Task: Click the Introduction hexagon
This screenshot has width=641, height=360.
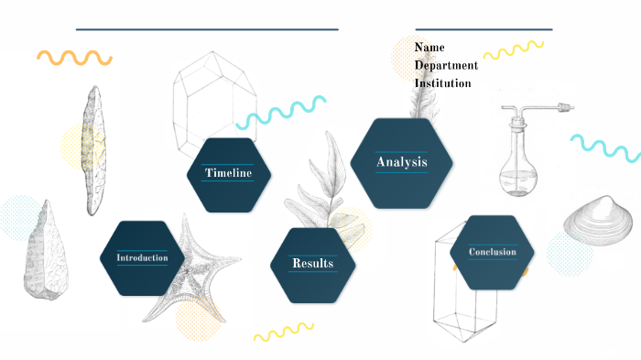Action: click(x=142, y=257)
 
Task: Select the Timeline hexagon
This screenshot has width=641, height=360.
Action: click(x=228, y=173)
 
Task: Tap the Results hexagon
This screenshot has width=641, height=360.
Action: click(x=312, y=264)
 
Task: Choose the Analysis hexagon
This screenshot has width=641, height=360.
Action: click(x=402, y=162)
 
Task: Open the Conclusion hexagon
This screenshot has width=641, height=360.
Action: click(x=493, y=252)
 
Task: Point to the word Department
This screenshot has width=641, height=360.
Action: click(x=446, y=65)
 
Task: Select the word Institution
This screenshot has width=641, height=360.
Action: click(x=442, y=83)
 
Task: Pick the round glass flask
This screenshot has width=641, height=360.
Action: click(x=519, y=169)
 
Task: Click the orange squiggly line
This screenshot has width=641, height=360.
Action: click(x=74, y=57)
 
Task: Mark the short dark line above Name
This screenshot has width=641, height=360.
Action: click(x=483, y=29)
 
